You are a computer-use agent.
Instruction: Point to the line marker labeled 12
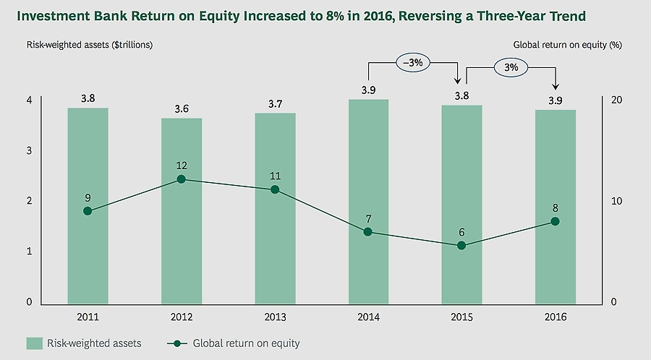[x=182, y=179]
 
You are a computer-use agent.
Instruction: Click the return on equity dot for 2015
[x=461, y=246]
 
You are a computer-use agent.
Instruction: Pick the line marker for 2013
[x=275, y=189]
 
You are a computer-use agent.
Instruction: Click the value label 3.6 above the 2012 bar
[x=182, y=109]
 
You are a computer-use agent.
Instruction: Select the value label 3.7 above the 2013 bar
[x=275, y=104]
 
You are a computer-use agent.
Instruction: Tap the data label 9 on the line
[x=88, y=197]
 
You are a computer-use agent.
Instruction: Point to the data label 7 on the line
[x=368, y=218]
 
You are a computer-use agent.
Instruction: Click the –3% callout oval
[x=414, y=63]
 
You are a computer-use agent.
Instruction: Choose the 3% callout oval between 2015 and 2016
[x=511, y=67]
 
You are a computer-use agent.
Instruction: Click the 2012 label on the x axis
[x=182, y=317]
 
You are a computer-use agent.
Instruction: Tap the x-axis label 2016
[x=555, y=317]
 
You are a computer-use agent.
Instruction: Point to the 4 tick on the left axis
[x=30, y=100]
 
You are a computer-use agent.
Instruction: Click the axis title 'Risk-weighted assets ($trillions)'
[x=90, y=45]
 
